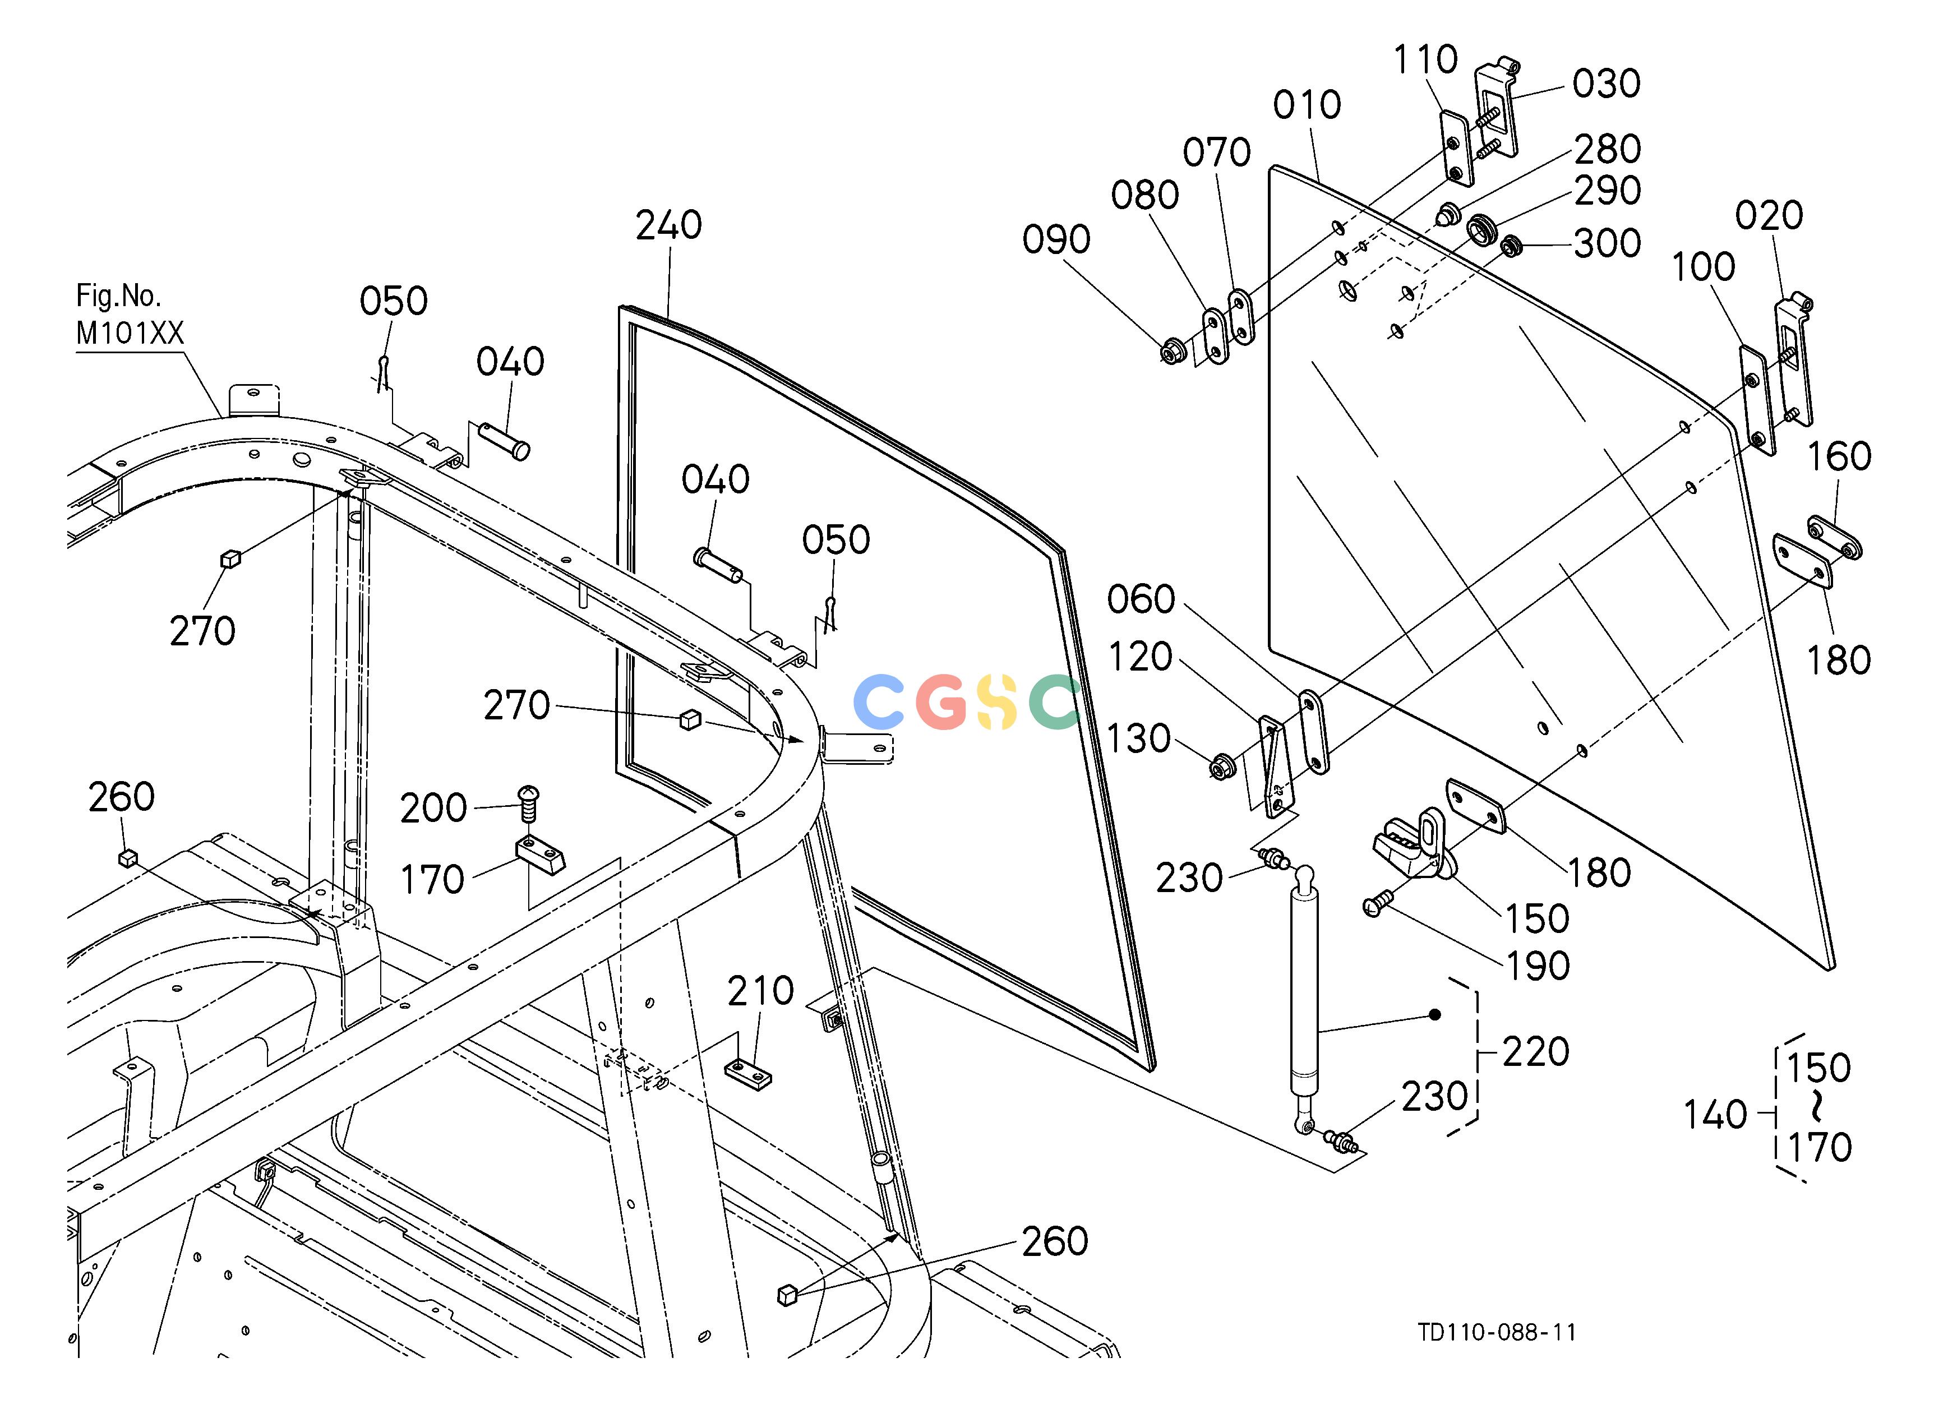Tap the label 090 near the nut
pyautogui.click(x=1056, y=239)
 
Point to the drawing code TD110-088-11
pyautogui.click(x=1497, y=1332)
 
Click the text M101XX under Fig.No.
pyautogui.click(x=130, y=333)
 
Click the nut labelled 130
pyautogui.click(x=1220, y=765)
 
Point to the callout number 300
pyautogui.click(x=1608, y=244)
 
